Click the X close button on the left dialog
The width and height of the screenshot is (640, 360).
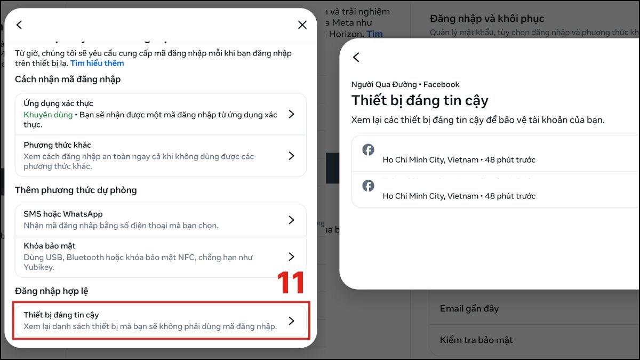point(302,25)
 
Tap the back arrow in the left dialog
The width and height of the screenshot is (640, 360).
point(19,25)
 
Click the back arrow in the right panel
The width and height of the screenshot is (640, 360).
point(356,57)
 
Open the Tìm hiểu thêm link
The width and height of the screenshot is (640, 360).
point(97,63)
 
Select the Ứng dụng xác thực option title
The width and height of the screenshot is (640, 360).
point(58,103)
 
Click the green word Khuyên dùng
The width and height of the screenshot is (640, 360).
point(48,115)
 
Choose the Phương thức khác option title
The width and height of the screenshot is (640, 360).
point(57,145)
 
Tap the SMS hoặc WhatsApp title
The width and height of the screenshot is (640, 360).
point(63,214)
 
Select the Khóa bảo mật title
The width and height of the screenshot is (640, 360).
point(50,246)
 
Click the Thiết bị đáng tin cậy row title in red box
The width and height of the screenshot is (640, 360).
point(61,315)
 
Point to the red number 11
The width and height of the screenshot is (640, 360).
point(291,283)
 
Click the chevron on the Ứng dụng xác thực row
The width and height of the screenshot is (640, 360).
point(291,114)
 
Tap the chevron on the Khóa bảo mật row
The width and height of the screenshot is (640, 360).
point(291,257)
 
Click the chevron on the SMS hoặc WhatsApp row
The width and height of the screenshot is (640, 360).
point(291,220)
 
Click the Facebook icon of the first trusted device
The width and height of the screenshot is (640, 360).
point(368,150)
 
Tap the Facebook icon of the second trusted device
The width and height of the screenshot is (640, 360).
point(368,186)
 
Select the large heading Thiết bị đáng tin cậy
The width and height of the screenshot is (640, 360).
point(419,100)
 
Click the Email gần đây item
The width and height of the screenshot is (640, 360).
point(469,308)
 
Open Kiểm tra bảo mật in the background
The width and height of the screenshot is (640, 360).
point(476,340)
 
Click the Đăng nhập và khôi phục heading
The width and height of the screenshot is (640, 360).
point(486,19)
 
